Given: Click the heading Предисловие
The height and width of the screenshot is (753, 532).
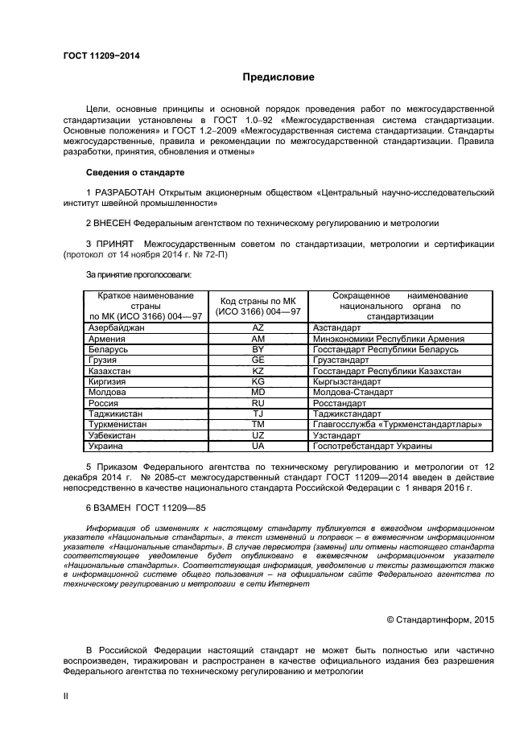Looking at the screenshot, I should tap(278, 77).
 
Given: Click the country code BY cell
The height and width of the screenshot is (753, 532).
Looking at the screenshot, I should tap(258, 350).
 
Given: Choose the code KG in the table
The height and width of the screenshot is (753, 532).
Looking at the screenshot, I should tap(258, 381).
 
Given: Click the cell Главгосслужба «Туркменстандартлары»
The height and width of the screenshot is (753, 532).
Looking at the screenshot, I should tap(398, 424).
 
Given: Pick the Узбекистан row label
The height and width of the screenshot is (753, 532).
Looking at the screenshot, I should tap(113, 434).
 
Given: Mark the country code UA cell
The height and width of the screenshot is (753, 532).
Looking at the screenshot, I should tap(258, 445).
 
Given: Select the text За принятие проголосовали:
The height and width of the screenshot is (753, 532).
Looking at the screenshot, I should tap(134, 275).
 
